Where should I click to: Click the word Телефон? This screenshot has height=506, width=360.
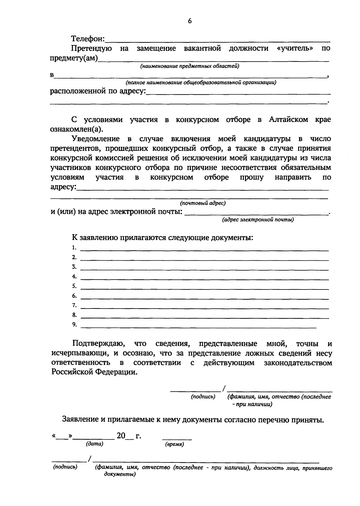point(87,39)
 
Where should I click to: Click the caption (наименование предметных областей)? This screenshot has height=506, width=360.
point(190,66)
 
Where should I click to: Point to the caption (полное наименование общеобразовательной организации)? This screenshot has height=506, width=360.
point(201,82)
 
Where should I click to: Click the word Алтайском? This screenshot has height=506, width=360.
point(288,120)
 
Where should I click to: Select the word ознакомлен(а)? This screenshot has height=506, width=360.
point(76,129)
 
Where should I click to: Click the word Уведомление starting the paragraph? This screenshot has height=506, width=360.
point(95,139)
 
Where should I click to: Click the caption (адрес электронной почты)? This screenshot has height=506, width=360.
point(258,220)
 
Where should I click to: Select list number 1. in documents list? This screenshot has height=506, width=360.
point(74,248)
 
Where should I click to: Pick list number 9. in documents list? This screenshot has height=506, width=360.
point(74,325)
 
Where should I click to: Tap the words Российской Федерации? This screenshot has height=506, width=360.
point(94,372)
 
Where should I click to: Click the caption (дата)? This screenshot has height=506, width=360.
point(94,444)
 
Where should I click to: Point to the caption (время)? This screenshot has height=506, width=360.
point(174,444)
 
